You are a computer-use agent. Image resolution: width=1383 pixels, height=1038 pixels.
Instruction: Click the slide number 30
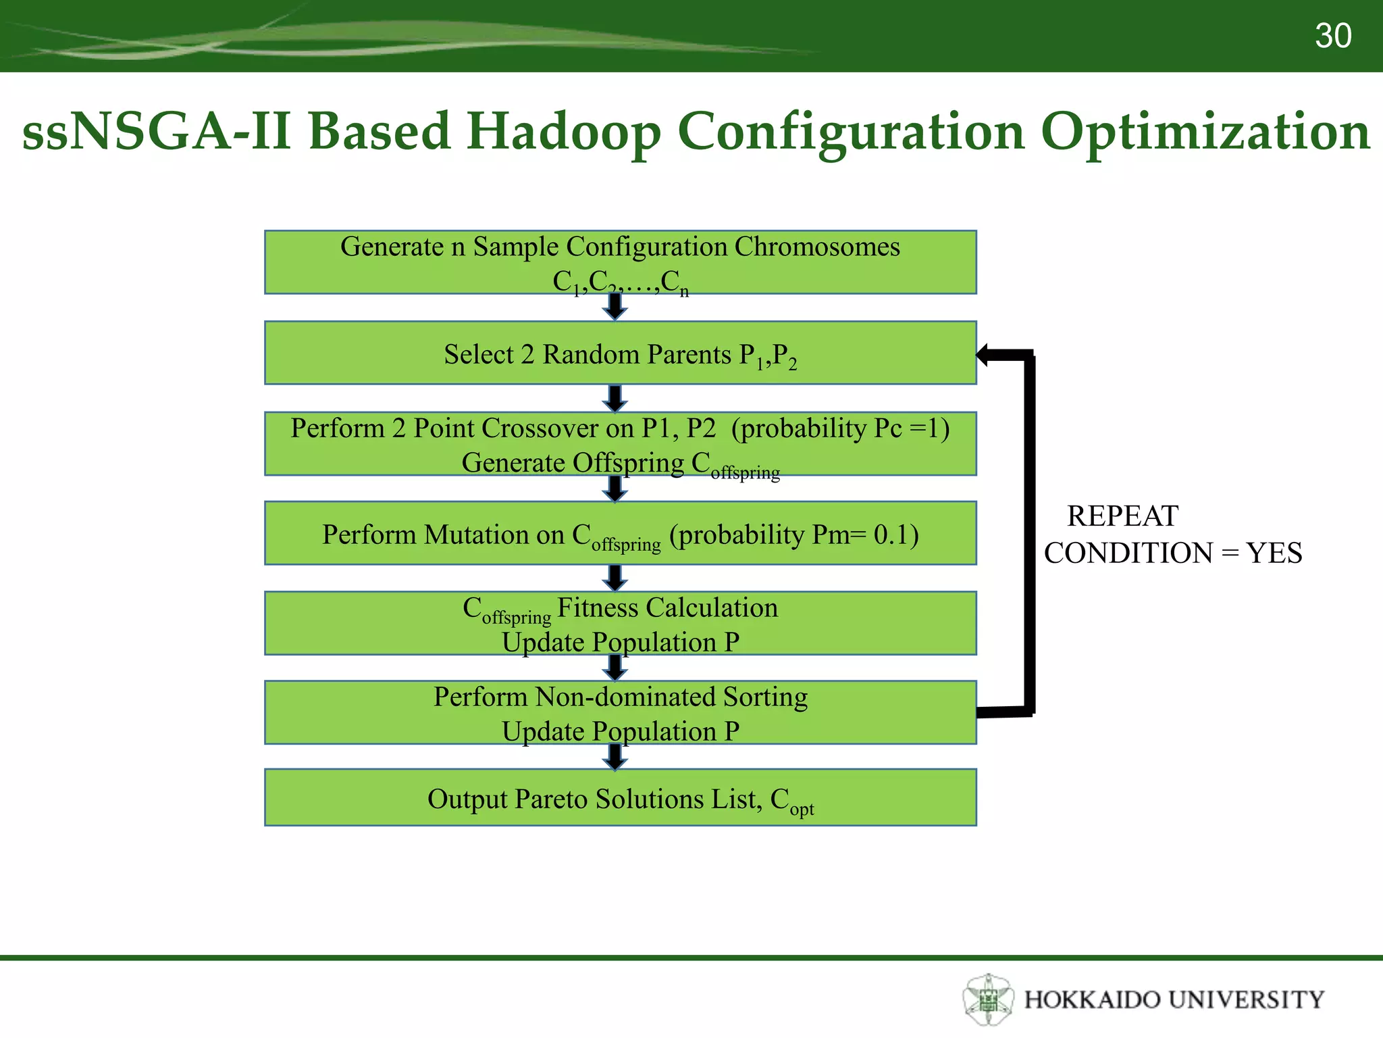1332,36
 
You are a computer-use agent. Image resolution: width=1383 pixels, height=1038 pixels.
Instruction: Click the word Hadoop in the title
563,131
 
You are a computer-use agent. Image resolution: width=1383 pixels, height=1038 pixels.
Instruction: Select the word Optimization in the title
1205,131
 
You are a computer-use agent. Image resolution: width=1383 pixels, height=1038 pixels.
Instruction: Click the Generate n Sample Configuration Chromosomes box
620,262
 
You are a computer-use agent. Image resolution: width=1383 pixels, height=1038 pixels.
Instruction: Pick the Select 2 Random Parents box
620,353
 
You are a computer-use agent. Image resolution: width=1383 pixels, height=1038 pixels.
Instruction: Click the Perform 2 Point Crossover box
620,443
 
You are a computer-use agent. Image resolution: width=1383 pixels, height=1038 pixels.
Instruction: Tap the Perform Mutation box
620,533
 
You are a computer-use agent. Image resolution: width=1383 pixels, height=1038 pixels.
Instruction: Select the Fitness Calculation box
620,623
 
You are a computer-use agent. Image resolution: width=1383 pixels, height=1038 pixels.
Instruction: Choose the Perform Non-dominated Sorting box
620,712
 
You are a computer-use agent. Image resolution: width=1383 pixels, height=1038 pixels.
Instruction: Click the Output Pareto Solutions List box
620,797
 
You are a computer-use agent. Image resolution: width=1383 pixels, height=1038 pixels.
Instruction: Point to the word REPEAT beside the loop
1122,516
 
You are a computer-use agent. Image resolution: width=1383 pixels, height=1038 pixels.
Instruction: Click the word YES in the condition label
1274,553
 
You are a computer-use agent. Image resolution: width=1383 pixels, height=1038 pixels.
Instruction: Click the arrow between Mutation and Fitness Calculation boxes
615,578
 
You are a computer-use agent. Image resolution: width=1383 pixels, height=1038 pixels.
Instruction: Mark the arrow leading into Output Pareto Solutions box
615,757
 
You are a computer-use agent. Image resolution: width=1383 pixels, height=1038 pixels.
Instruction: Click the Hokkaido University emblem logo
988,999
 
